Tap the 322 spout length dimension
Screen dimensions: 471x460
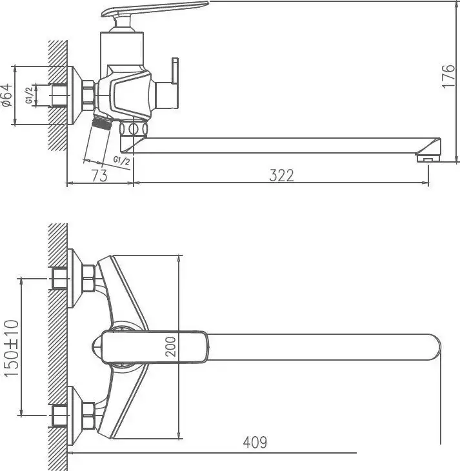point(281,174)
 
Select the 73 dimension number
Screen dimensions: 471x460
point(99,174)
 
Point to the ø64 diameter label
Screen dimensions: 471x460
point(6,95)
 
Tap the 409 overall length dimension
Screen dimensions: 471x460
point(254,443)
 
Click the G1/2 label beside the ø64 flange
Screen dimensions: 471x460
point(29,95)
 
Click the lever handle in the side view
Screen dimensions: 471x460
point(155,10)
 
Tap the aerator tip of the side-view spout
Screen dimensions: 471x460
point(427,157)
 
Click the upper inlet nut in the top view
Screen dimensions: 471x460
point(61,279)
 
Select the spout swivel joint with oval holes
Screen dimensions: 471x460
point(134,129)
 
